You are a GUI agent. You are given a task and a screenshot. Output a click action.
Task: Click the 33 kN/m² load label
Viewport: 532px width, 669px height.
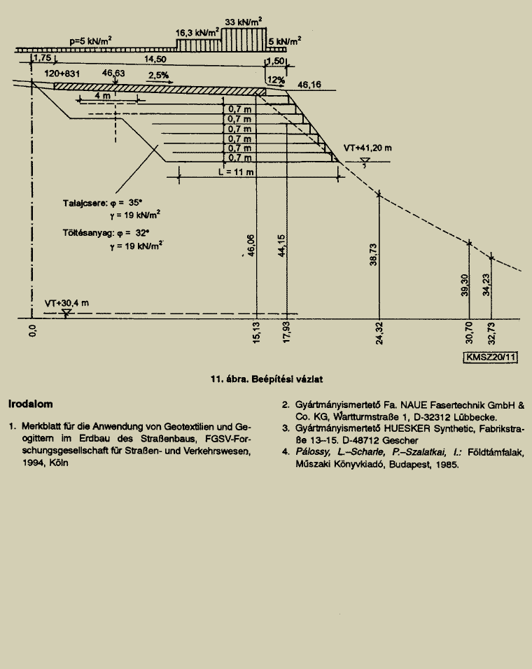click(x=243, y=21)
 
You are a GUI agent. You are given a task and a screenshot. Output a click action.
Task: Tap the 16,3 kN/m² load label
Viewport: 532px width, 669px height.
click(x=197, y=32)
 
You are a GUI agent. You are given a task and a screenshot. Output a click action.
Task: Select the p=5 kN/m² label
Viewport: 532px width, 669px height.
click(x=90, y=41)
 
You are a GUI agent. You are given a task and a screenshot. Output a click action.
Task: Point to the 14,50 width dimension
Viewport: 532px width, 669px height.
click(x=155, y=59)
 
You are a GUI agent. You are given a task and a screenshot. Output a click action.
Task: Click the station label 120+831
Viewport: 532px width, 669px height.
click(x=62, y=73)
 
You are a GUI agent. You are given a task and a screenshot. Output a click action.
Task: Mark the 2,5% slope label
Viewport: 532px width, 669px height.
click(x=158, y=75)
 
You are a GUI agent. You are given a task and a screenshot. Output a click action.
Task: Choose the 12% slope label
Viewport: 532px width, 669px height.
click(x=276, y=80)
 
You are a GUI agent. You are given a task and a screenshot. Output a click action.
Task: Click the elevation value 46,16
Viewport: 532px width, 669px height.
click(x=309, y=85)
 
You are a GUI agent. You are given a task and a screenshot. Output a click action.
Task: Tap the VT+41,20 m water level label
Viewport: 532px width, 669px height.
click(x=367, y=148)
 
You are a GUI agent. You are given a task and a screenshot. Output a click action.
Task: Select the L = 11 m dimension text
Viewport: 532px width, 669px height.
click(x=236, y=172)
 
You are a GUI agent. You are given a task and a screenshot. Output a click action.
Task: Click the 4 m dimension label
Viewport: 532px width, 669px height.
click(x=102, y=96)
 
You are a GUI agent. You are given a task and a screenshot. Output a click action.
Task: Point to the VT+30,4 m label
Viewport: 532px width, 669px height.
click(x=66, y=303)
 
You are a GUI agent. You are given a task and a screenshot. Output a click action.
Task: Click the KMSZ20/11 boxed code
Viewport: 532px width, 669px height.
click(x=491, y=357)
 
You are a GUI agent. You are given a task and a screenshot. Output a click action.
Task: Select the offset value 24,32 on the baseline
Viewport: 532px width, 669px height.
click(x=379, y=333)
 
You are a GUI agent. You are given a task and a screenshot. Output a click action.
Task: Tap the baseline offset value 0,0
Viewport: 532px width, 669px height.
click(x=33, y=330)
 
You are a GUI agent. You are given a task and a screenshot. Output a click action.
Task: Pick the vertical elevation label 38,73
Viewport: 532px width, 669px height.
click(x=373, y=255)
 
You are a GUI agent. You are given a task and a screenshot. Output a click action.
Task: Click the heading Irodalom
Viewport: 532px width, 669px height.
click(x=30, y=404)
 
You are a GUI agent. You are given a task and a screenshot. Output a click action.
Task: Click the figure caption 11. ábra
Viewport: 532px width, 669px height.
click(x=228, y=379)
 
